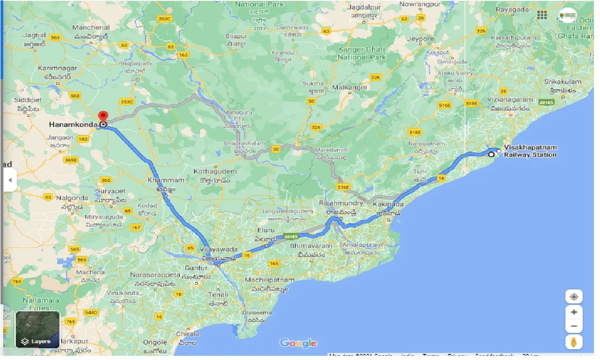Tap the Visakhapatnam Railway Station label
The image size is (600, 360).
pos(530,151)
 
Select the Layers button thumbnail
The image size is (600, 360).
pos(38,329)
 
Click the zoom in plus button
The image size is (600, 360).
pos(574,312)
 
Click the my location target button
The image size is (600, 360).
pos(574,297)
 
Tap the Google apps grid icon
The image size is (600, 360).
pos(542,15)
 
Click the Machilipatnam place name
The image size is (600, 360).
pos(270,280)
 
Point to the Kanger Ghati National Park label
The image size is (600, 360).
pos(362,53)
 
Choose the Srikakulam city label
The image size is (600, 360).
pos(563,82)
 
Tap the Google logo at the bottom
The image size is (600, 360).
pos(298,343)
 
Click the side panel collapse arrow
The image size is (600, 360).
pos(10,180)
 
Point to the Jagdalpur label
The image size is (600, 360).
pos(366,7)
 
